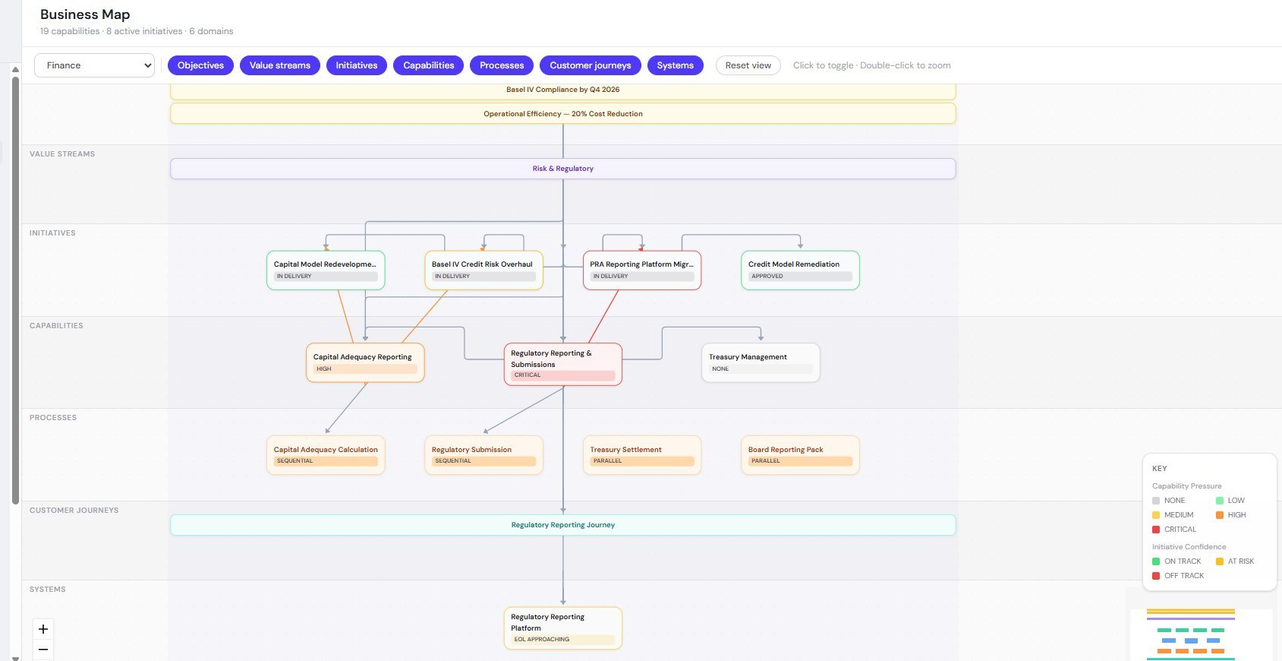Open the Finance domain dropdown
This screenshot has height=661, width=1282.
point(94,65)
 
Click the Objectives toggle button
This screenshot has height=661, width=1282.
point(200,65)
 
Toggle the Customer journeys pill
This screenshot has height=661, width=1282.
point(590,65)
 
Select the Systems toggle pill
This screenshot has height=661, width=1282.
point(675,65)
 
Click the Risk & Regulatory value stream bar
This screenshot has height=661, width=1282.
point(562,169)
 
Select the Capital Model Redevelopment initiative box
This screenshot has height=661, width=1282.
point(326,270)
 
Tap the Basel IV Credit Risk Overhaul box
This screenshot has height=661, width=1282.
point(484,270)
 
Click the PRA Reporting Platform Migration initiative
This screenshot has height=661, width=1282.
point(641,270)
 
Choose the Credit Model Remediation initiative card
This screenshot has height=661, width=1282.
point(800,270)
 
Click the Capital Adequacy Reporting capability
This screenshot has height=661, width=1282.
point(365,362)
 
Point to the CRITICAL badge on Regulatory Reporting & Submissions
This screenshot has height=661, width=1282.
point(562,375)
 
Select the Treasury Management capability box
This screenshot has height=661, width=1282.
point(761,362)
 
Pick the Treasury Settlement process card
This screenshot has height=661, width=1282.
point(641,454)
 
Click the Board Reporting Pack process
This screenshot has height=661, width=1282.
point(800,454)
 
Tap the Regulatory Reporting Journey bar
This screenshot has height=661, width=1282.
point(562,525)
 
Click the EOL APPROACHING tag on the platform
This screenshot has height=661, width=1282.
point(562,640)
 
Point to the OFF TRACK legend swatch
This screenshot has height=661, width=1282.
point(1156,576)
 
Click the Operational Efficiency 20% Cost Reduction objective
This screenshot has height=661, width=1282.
point(562,114)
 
